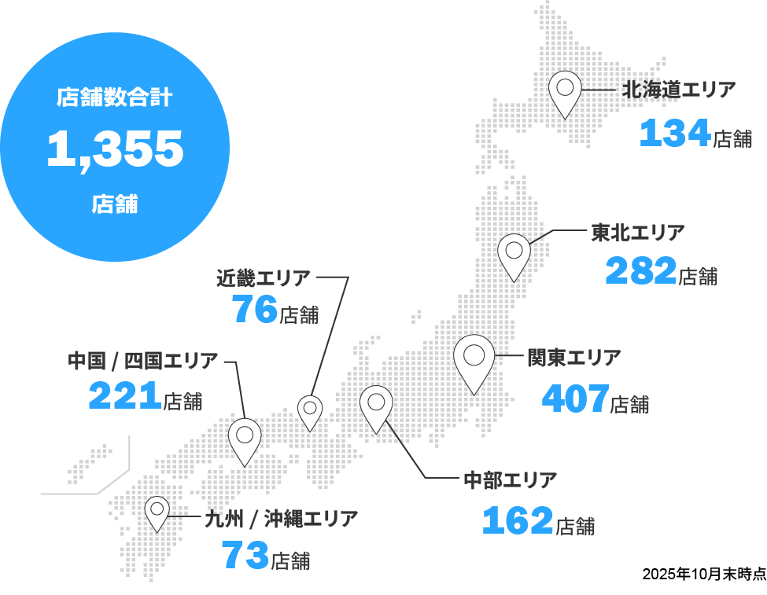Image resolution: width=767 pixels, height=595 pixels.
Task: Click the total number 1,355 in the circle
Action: coord(115,149)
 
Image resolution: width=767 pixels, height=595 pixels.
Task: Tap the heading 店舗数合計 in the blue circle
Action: coord(115,98)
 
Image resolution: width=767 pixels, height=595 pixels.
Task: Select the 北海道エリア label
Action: coord(679,90)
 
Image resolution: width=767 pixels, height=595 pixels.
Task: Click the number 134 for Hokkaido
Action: coord(675,134)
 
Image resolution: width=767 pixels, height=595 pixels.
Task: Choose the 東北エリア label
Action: coord(638,233)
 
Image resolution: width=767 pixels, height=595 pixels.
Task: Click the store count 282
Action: coord(640,272)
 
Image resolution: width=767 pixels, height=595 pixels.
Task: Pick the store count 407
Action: coord(576,399)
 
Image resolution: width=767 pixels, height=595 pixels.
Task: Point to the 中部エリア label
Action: coord(511,479)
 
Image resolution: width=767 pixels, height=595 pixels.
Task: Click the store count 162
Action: coord(517,521)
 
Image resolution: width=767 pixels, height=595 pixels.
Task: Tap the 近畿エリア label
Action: coord(264,277)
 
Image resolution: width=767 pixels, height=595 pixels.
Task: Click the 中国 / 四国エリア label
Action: coord(143,362)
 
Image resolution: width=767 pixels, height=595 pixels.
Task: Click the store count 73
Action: coord(245,556)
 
